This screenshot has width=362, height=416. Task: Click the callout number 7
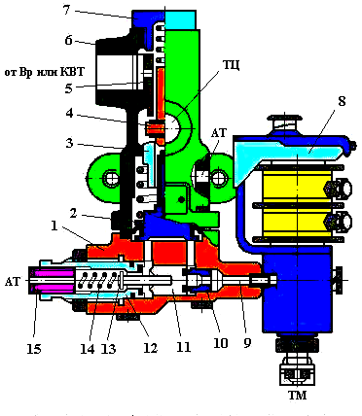point(66,10)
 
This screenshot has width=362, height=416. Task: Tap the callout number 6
point(68,41)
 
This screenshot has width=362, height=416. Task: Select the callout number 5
point(68,88)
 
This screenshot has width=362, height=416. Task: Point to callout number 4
point(69,114)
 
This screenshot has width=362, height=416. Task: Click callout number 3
point(69,143)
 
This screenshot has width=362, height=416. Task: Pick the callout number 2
point(73,213)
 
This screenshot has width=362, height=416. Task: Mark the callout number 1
point(54,225)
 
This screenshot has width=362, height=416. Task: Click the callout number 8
point(342,101)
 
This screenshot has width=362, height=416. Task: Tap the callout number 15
point(34,349)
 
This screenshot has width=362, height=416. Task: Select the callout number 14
point(88,349)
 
